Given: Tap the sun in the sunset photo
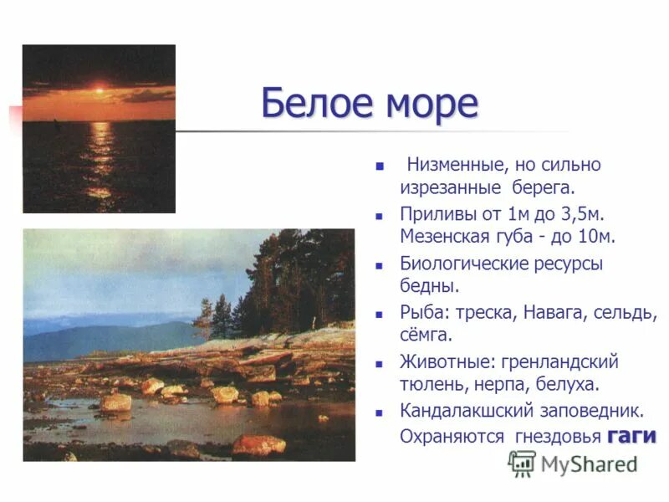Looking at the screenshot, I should pos(100,87).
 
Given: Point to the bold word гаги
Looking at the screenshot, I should pos(631,436).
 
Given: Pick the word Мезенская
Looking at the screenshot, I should pos(444,236).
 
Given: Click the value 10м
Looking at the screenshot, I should pos(597,236).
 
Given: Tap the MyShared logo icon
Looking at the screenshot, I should pos(522,463).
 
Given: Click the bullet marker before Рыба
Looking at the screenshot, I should pos(380,315).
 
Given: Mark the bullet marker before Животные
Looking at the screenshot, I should pos(380,364).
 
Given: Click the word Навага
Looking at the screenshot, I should pos(553,314).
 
